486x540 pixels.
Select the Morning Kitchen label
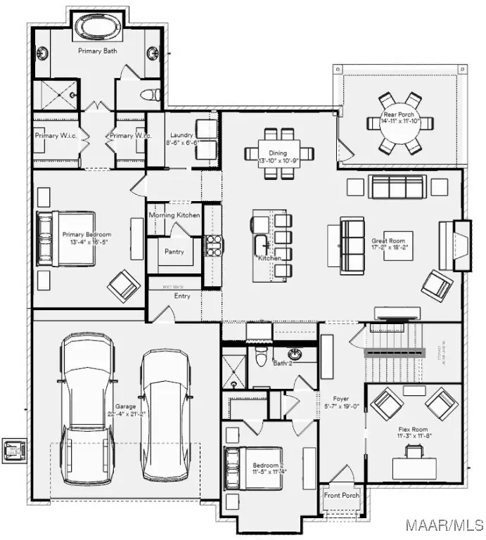(174, 215)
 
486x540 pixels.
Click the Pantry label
(174, 251)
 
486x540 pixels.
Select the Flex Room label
(413, 429)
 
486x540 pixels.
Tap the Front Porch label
(341, 496)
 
